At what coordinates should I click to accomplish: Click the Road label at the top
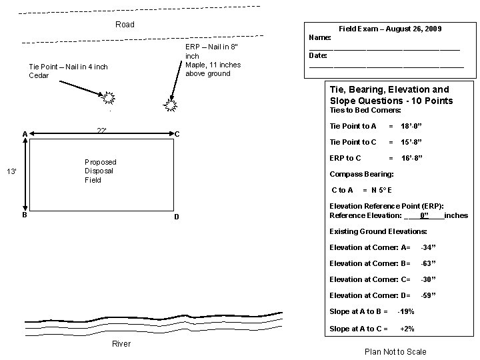pos(125,25)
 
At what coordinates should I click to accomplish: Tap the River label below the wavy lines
pos(121,344)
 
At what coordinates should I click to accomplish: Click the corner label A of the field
pos(25,134)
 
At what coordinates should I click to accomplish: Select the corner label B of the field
pos(25,215)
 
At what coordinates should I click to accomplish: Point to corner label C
pos(177,134)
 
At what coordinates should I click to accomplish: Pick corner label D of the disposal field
pos(176,218)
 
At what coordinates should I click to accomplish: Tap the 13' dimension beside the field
pos(11,172)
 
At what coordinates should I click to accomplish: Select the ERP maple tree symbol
pos(171,104)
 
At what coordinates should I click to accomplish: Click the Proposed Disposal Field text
pos(100,171)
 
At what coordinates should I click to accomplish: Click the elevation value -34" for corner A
pos(428,247)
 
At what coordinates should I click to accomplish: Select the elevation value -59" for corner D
pos(428,295)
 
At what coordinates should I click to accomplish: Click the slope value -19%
pos(405,311)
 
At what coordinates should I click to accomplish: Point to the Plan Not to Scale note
pos(395,351)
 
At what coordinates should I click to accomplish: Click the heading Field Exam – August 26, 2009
pos(390,29)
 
